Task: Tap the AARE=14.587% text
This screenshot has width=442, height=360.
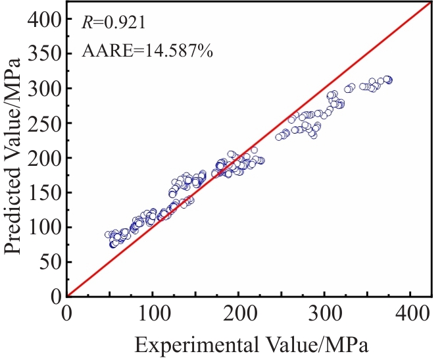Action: click(147, 51)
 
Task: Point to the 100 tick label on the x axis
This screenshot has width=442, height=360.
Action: click(153, 311)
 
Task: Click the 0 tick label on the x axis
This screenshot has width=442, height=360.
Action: click(66, 311)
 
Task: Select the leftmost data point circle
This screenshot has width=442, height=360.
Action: click(108, 234)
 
